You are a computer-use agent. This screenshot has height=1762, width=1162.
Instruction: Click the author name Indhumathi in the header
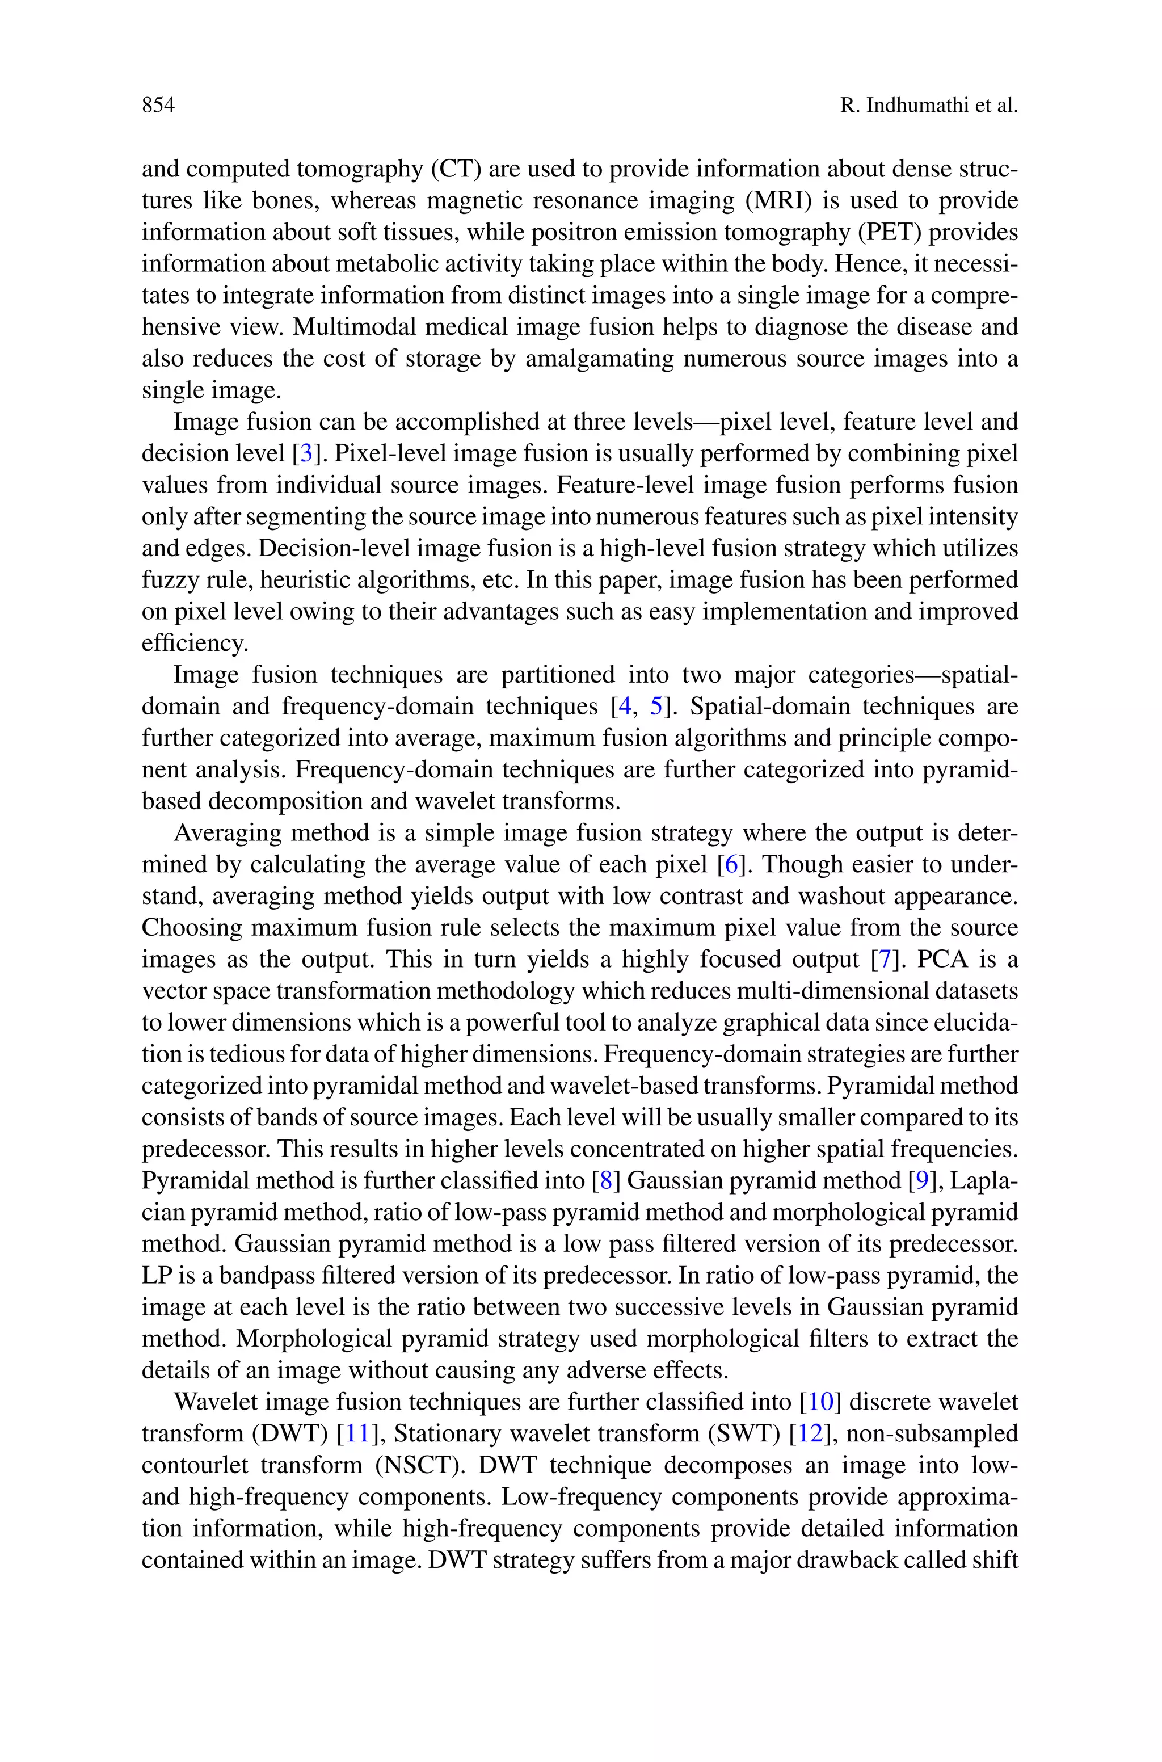pos(912,105)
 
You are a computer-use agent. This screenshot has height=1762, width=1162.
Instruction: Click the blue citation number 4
pos(625,706)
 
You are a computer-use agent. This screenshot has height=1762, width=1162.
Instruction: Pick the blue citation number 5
pos(656,706)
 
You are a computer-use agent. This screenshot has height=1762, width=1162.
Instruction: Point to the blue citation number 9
pos(922,1180)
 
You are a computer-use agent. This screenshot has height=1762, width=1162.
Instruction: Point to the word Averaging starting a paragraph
pos(228,833)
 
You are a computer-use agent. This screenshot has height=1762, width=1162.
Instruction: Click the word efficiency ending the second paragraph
pos(194,643)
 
